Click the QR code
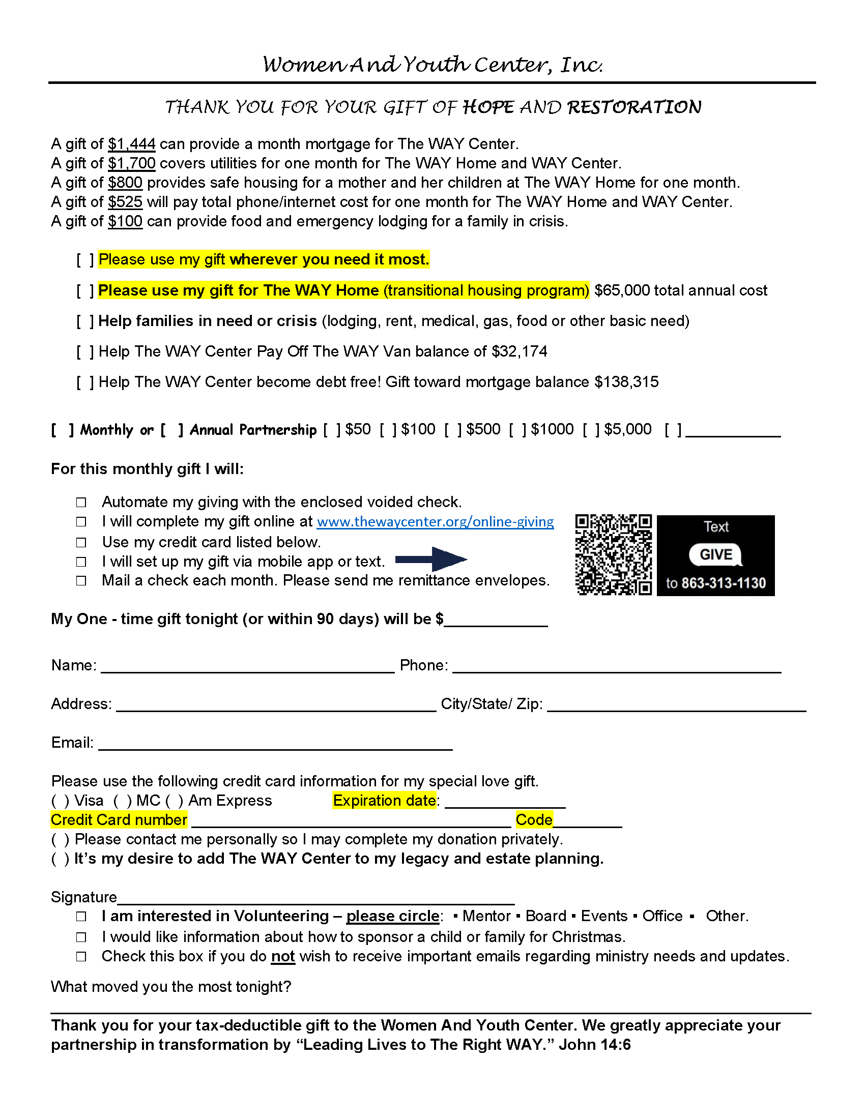(x=614, y=555)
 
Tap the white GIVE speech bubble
(x=715, y=554)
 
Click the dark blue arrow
(x=431, y=559)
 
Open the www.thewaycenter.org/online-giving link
(x=435, y=521)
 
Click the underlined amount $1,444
(x=132, y=144)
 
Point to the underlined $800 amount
(x=125, y=183)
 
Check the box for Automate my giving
(x=81, y=502)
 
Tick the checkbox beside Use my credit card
(x=81, y=542)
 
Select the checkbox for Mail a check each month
(x=81, y=580)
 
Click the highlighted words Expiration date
(x=384, y=800)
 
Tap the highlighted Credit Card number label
(x=119, y=820)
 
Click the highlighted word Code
(x=534, y=820)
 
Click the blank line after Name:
(x=247, y=666)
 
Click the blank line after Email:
(x=275, y=744)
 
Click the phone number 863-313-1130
(x=724, y=583)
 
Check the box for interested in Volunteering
(x=81, y=916)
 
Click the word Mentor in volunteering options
(x=486, y=916)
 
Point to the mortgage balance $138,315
(x=626, y=382)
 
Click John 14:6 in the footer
(x=594, y=1045)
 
